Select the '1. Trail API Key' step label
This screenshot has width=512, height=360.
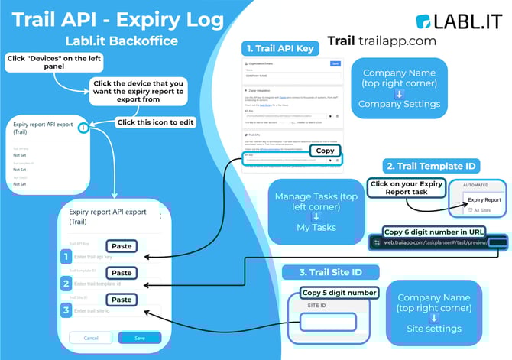[280, 47]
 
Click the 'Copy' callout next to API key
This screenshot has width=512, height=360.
[326, 151]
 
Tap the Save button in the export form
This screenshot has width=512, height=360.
[139, 337]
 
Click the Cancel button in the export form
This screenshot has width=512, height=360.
[91, 337]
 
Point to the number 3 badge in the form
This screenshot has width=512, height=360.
[66, 310]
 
